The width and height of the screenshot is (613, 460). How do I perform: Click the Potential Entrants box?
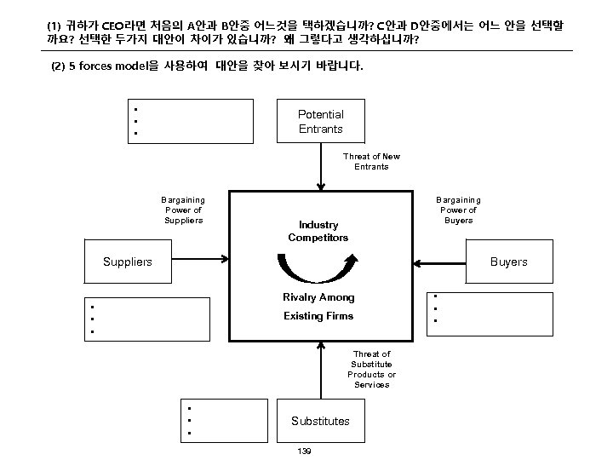321,121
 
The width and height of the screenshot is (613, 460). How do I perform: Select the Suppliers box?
128,262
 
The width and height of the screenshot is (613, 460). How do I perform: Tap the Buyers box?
508,262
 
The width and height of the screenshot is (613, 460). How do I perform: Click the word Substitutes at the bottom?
320,421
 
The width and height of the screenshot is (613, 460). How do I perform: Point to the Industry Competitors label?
318,231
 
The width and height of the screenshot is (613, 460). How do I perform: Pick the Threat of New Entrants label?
371,161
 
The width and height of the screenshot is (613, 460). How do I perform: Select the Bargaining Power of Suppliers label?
184,210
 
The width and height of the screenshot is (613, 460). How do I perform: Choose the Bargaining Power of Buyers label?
459,210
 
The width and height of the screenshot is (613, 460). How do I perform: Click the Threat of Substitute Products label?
371,369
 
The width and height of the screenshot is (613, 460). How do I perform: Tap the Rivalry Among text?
318,297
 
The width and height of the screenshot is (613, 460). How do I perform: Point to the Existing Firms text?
318,316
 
